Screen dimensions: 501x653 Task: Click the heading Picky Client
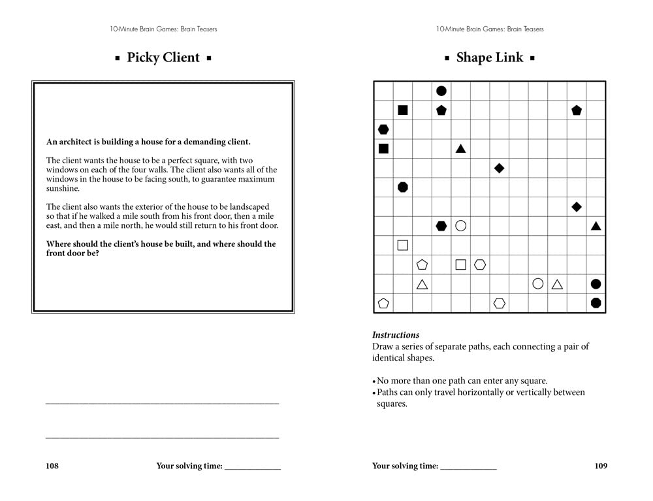pos(163,57)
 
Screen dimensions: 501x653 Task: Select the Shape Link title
pos(490,57)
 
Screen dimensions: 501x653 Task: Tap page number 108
pos(52,466)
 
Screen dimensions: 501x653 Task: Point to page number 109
pos(601,466)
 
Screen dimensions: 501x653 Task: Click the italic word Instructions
pos(396,335)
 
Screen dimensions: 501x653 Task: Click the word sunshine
pos(63,189)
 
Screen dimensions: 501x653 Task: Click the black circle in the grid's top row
pos(441,91)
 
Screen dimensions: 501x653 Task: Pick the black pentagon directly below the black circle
pos(441,110)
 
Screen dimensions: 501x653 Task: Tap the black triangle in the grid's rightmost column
pos(596,226)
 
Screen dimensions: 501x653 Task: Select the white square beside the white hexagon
pos(460,265)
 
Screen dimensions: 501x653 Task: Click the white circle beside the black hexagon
pos(460,226)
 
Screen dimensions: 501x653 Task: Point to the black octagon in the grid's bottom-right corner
pos(596,303)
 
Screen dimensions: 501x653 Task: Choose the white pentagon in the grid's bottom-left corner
pos(383,303)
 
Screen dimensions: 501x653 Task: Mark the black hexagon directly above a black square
pos(383,129)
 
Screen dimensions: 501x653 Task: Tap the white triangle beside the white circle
pos(557,284)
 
